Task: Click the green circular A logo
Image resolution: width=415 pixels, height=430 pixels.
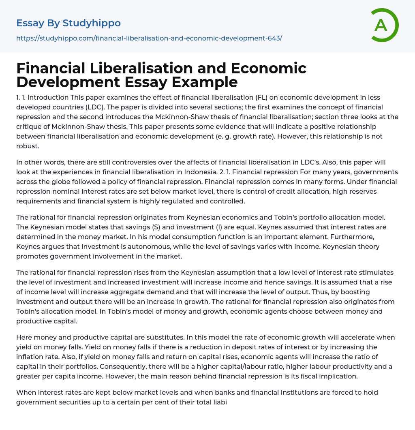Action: click(x=384, y=25)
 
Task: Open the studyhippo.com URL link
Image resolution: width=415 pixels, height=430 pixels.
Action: click(x=149, y=38)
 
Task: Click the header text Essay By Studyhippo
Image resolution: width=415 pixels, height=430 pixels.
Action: click(x=68, y=23)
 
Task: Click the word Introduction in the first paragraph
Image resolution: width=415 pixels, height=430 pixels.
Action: click(x=49, y=98)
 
